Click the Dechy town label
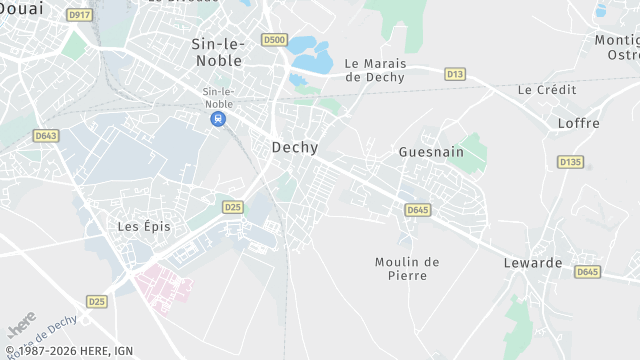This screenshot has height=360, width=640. tap(295, 147)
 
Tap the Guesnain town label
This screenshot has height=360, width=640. tap(431, 152)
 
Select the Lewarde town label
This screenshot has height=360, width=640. tap(533, 263)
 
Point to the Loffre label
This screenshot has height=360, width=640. tap(579, 123)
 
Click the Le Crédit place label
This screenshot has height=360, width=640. tap(547, 89)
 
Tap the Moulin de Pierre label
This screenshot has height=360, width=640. tap(407, 269)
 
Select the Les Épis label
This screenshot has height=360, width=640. tap(144, 226)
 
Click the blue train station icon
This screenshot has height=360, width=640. tap(217, 119)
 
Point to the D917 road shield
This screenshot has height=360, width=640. tap(78, 15)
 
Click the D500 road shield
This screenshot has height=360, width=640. tap(274, 40)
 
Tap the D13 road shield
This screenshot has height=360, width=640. tap(455, 73)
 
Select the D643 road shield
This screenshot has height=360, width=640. tap(45, 135)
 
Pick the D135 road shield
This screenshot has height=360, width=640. tap(570, 161)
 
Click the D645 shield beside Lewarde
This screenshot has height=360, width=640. tap(587, 271)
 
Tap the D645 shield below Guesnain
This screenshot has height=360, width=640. tap(418, 209)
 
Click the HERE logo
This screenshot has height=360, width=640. tap(21, 328)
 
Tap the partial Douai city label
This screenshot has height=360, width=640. tap(20, 7)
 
